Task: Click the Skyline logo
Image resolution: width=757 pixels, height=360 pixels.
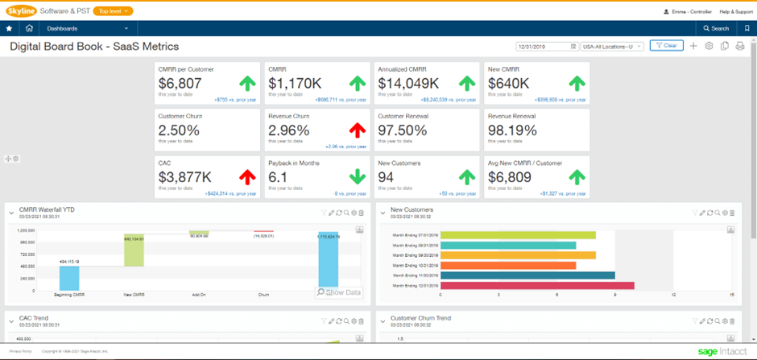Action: point(20,10)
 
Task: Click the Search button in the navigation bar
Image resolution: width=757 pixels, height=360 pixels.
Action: point(715,28)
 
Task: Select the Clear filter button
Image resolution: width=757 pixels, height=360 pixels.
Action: point(667,46)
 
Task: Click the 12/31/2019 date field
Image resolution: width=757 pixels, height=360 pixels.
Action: point(546,47)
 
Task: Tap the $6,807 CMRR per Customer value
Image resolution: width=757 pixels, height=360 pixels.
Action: point(180,83)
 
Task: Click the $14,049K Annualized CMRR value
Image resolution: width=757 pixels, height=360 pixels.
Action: point(408,83)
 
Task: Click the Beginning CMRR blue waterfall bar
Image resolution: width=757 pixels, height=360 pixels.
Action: point(69,278)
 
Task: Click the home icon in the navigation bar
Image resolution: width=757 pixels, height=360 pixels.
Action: point(29,28)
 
